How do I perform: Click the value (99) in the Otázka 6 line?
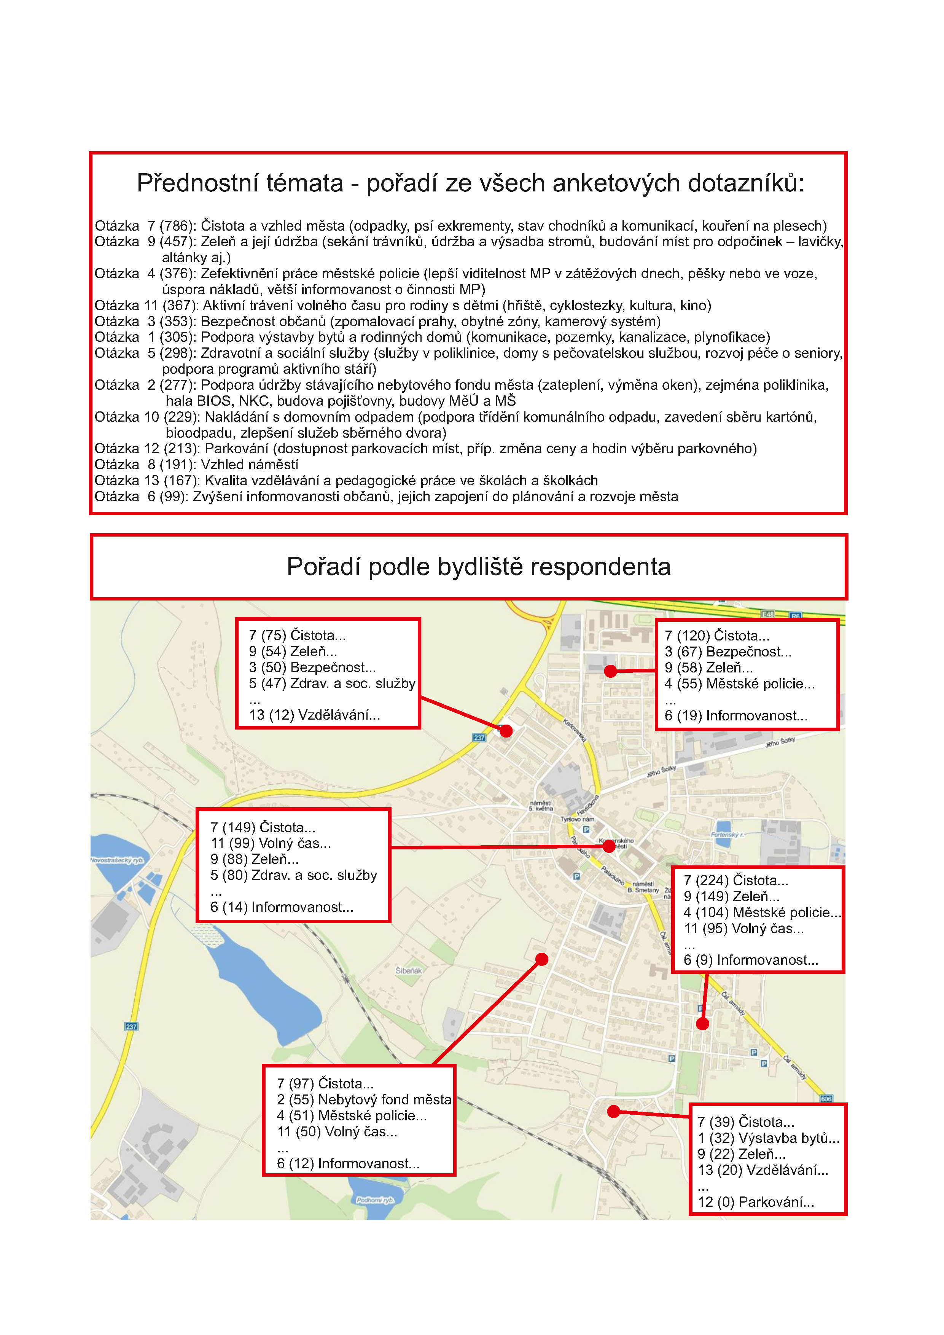pos(174,497)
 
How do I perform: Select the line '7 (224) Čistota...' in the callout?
pos(735,880)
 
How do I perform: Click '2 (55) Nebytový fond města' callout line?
pos(364,1099)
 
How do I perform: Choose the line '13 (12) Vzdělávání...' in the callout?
pos(314,715)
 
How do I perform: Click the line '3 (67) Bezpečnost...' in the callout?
pos(728,652)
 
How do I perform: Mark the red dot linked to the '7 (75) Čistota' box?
pos(506,731)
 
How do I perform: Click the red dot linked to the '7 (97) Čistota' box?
pos(541,959)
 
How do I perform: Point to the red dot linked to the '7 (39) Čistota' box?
pos(613,1112)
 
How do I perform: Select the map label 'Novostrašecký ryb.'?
pos(117,860)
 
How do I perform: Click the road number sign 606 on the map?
pos(826,1099)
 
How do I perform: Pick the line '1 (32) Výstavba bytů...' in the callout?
pos(768,1138)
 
